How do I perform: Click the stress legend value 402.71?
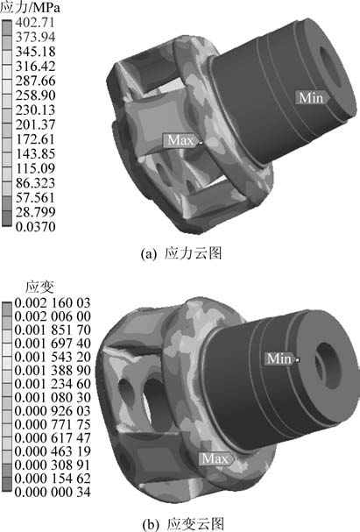[35, 23]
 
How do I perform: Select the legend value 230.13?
[35, 110]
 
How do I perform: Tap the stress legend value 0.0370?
[36, 226]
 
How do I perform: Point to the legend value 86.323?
[35, 183]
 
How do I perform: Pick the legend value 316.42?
[35, 66]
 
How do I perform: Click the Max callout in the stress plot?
[180, 140]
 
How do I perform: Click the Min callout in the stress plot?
[311, 98]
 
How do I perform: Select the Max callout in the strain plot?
[216, 459]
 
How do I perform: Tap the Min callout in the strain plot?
[279, 358]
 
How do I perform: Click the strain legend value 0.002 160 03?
[53, 302]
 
